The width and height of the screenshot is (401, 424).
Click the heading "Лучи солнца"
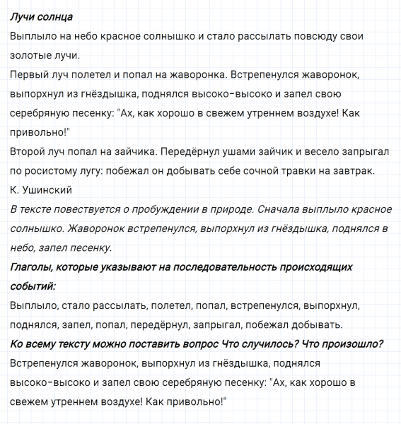click(x=42, y=16)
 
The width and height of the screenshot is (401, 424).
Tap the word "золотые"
click(x=32, y=54)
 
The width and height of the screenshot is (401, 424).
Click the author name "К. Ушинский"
click(x=42, y=189)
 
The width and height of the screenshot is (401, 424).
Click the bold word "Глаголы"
click(x=34, y=267)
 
